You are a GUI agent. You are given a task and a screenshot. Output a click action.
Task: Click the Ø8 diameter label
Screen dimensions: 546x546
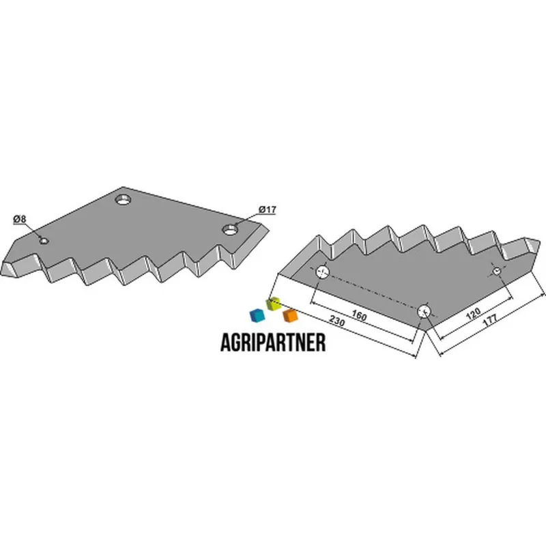point(20,219)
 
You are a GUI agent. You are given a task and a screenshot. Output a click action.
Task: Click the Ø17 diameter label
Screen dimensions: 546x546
point(268,210)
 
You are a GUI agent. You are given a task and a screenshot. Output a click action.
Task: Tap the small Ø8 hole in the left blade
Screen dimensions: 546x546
point(44,241)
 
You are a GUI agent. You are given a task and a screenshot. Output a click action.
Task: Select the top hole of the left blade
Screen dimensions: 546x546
point(123,200)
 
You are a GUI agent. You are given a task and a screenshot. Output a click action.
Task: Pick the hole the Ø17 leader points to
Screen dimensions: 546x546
point(230,229)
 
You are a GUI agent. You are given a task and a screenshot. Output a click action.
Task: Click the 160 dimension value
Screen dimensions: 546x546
point(359,315)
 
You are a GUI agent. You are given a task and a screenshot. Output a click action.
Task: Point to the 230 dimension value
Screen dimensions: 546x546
point(336,321)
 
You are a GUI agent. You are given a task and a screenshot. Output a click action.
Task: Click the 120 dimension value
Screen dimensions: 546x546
point(473,314)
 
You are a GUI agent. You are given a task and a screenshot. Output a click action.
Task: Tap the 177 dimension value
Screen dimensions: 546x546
point(490,320)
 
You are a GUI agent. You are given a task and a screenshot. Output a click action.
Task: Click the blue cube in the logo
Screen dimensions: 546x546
point(257,315)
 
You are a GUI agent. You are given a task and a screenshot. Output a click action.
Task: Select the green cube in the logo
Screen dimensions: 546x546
point(274,304)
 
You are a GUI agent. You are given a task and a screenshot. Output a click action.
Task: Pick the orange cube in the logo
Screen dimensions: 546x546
point(291,315)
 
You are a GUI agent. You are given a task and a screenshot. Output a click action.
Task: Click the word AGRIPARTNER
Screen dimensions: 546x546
point(274,343)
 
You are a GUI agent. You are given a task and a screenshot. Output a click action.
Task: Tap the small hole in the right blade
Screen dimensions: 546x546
point(497,271)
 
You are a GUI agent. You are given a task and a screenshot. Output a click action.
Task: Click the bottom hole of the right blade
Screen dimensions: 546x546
point(424,311)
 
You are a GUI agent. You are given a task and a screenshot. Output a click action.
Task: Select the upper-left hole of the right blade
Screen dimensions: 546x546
point(322,272)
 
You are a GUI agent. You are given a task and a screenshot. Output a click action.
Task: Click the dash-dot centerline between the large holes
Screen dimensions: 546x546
point(373,291)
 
